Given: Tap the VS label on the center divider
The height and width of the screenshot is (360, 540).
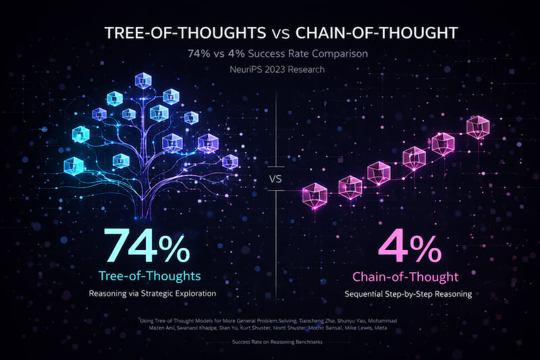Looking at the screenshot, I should pos(276,180).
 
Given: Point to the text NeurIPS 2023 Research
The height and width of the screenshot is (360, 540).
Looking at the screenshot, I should pos(269,70).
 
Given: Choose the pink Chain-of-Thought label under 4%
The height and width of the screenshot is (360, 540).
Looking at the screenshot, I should pos(406,276).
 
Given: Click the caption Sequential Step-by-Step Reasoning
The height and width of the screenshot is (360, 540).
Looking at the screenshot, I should pos(406,294).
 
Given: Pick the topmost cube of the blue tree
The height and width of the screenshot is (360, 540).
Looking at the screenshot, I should pos(143,80).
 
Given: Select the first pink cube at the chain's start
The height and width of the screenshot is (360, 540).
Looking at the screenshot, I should pos(314,194).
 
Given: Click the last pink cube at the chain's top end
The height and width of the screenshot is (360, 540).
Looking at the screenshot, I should pos(478,126).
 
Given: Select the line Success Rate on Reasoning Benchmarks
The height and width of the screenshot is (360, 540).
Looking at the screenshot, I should pos(270,344).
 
